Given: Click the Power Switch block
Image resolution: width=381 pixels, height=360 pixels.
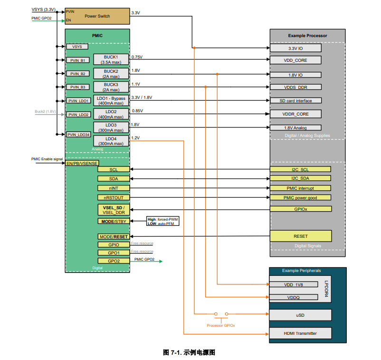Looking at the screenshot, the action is (97, 16).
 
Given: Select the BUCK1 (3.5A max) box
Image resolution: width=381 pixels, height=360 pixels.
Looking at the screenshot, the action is (111, 59).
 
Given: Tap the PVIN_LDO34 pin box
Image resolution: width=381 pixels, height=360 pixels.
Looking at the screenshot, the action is (78, 135).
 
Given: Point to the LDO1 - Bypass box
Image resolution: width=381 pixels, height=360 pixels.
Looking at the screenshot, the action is (111, 100).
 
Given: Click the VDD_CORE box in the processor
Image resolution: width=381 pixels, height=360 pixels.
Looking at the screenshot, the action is (295, 60).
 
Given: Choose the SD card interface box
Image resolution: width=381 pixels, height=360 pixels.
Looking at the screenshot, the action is (295, 100).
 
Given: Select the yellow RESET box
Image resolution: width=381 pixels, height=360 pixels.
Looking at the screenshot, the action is (301, 236).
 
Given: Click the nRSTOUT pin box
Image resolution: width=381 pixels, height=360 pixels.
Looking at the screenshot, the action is (114, 197).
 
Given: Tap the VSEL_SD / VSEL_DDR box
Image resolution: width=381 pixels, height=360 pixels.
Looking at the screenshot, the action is (114, 210).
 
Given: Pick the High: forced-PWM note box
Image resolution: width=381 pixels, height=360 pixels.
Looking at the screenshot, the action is (162, 221).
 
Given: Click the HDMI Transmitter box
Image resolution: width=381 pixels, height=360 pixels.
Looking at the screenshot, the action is (300, 333).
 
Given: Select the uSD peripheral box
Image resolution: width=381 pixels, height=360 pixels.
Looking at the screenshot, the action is (300, 315).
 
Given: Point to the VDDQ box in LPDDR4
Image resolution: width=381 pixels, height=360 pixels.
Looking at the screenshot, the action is (293, 297).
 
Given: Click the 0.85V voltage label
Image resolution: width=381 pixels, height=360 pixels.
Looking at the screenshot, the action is (137, 111).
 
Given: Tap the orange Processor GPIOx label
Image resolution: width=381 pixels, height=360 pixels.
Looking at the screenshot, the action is (220, 325).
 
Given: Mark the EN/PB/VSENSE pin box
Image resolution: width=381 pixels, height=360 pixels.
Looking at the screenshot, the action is (82, 163).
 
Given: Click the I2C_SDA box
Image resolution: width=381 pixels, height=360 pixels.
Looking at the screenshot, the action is (300, 178).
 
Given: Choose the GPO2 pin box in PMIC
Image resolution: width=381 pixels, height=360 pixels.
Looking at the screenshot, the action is (114, 261).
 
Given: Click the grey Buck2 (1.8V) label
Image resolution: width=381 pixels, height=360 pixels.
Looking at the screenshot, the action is (45, 111).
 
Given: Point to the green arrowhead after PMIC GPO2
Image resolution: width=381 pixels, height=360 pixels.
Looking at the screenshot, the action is (161, 261).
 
